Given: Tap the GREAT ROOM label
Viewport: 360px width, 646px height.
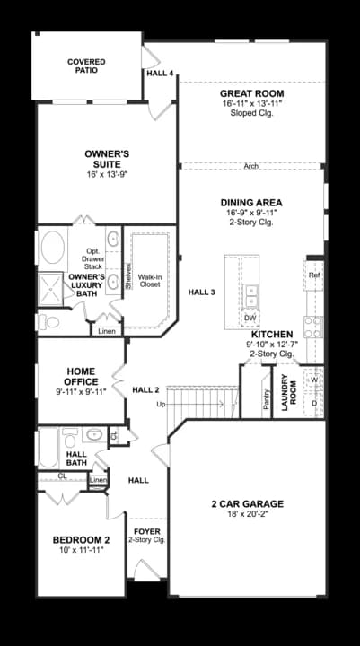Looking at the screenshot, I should pyautogui.click(x=251, y=93).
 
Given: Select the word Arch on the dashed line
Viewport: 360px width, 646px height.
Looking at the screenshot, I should pyautogui.click(x=251, y=166).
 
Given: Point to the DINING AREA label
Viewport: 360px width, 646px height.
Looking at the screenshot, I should pyautogui.click(x=251, y=203).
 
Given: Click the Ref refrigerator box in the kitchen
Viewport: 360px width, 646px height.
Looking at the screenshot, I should pyautogui.click(x=314, y=275).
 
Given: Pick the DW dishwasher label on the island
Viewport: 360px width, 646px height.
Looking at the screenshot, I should pyautogui.click(x=250, y=318).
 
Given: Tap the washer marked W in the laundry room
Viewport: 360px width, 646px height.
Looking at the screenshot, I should pyautogui.click(x=314, y=380).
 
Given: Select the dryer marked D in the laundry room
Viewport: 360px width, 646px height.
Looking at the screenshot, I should pyautogui.click(x=314, y=403).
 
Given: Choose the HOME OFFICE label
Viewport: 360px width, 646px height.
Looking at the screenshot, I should pyautogui.click(x=81, y=376).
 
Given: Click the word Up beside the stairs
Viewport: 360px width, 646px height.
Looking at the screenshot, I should pyautogui.click(x=162, y=405).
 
